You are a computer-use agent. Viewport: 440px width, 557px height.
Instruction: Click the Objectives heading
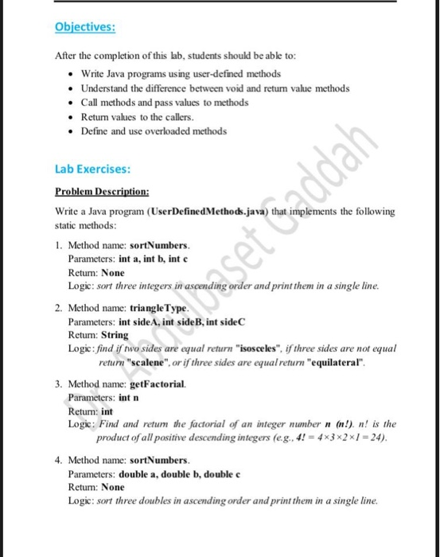coord(85,27)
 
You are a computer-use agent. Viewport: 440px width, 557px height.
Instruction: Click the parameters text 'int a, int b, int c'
coord(158,259)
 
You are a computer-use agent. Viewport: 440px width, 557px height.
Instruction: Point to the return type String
coord(115,335)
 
